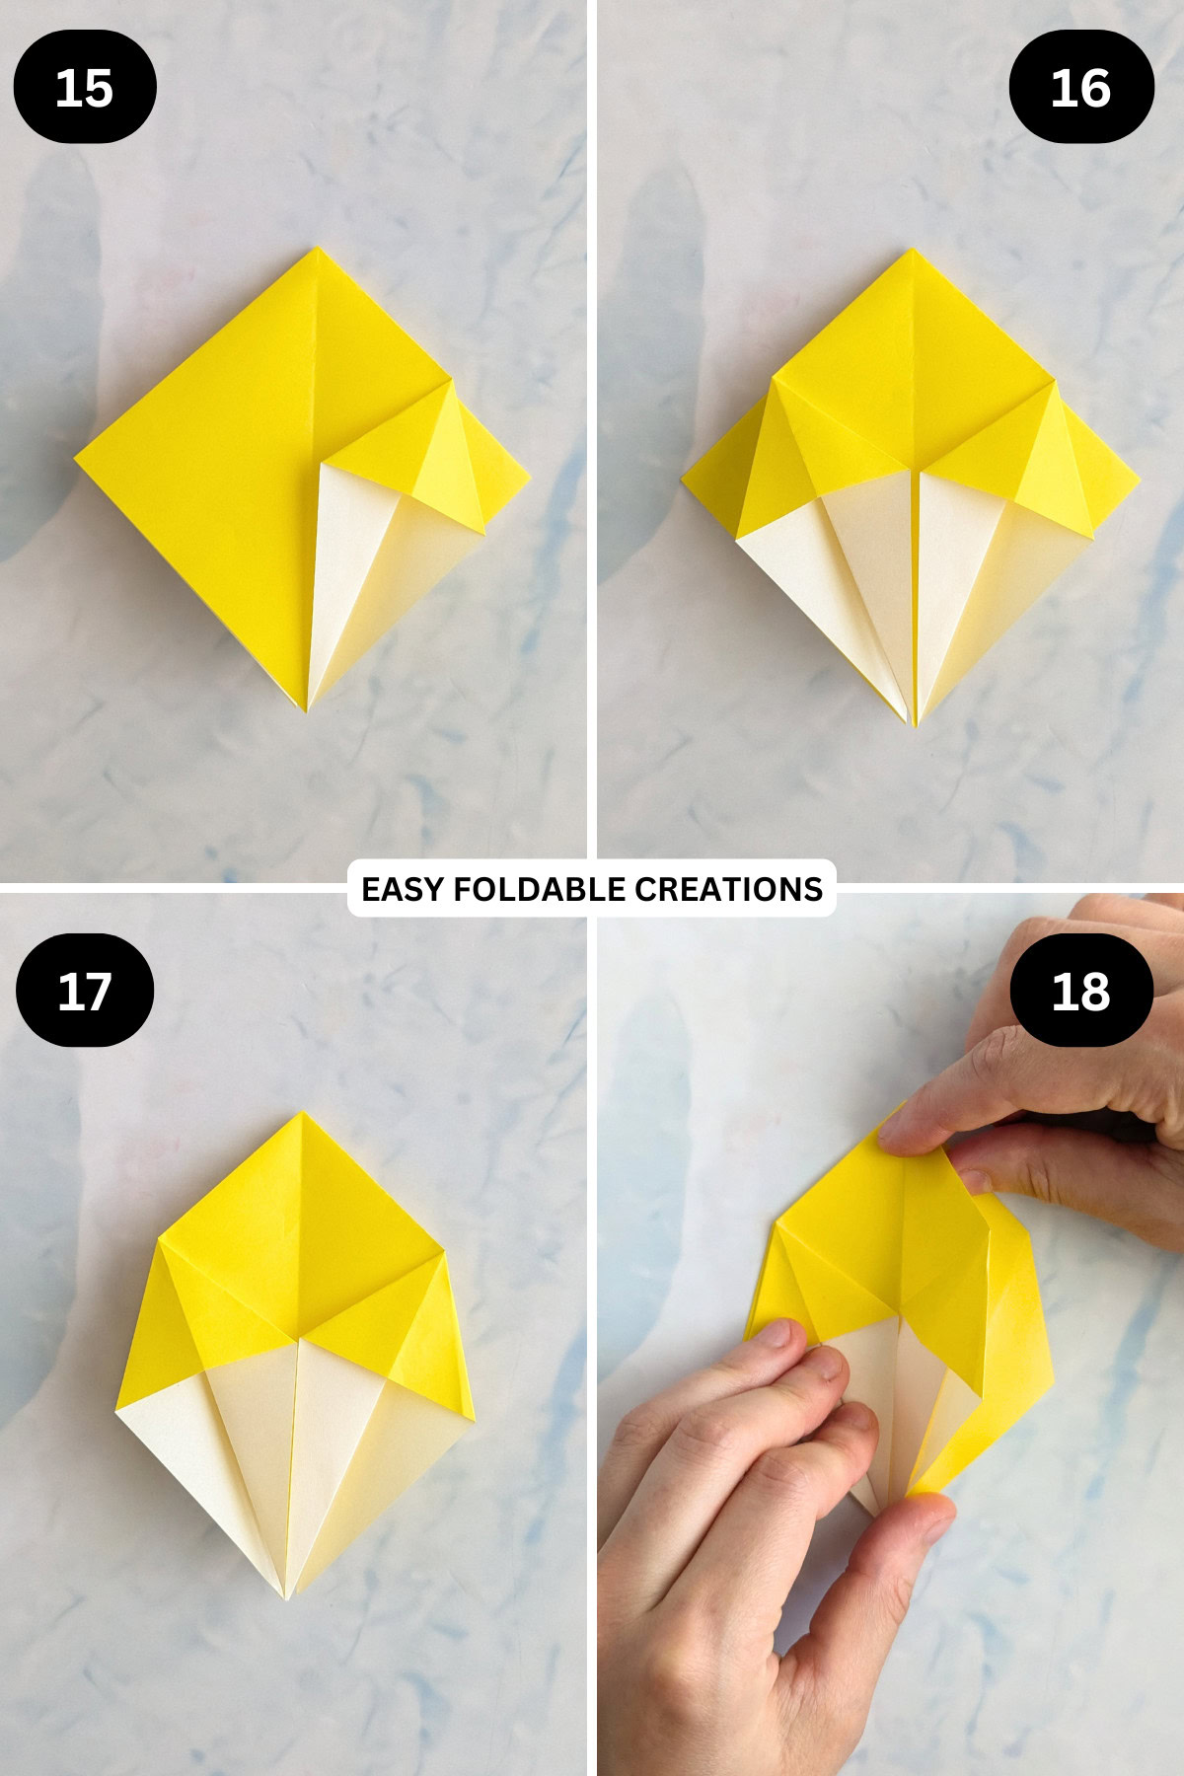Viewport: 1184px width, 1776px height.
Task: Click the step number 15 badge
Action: coord(85,87)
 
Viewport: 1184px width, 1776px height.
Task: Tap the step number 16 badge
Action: coord(1081,87)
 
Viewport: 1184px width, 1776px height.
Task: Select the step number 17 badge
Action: coord(85,991)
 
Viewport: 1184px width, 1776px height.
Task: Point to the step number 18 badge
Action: coord(1081,991)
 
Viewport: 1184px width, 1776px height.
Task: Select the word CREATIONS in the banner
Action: coord(728,889)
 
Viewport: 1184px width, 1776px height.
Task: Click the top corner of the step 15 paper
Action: coord(316,250)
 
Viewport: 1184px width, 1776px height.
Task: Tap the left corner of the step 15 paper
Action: coord(77,459)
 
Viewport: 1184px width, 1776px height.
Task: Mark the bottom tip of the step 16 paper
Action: coord(914,724)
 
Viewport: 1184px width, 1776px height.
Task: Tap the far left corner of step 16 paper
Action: coord(683,481)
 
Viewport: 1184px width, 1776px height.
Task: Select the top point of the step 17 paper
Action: coord(302,1114)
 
